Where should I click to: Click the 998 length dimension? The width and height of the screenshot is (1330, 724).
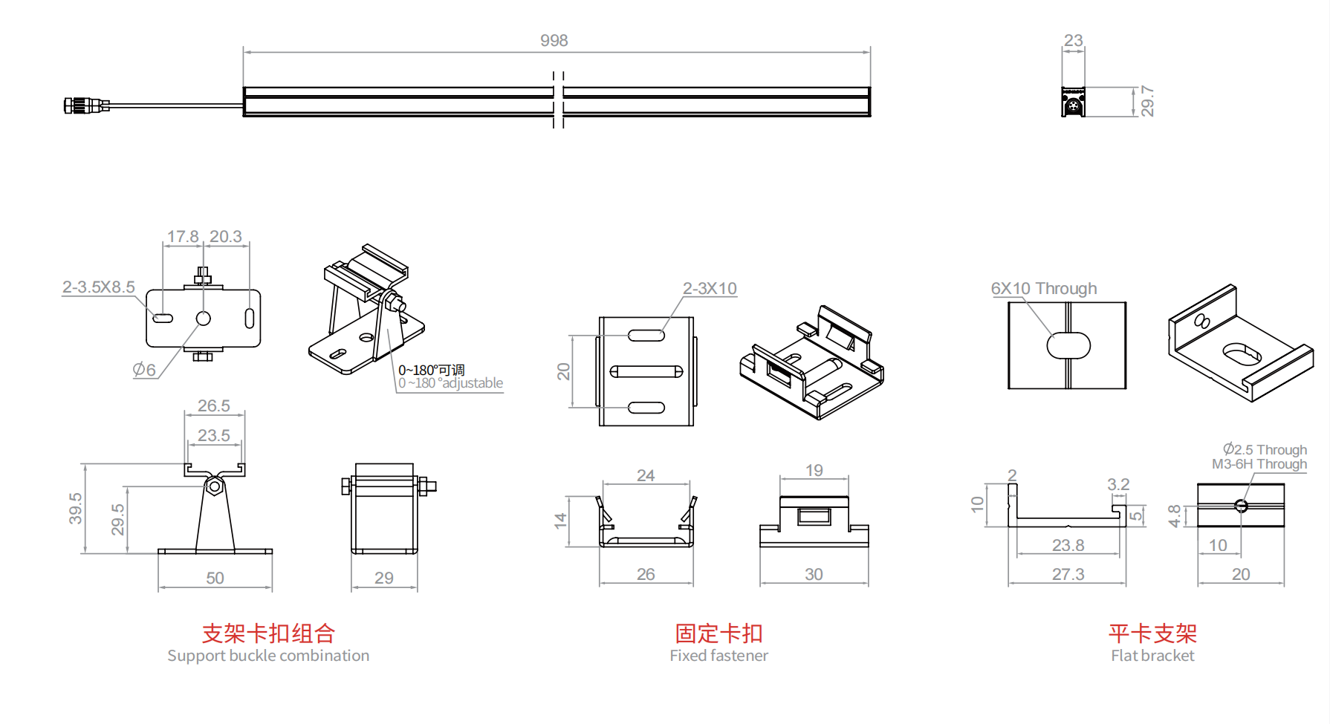coord(554,41)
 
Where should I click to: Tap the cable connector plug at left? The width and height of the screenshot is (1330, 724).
coord(77,105)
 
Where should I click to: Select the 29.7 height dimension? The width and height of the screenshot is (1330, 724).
coord(1147,101)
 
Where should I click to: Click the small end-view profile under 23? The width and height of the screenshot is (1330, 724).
coord(1073,102)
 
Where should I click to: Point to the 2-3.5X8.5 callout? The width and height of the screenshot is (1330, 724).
coord(98,287)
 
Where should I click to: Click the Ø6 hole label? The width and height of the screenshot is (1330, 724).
coord(144,369)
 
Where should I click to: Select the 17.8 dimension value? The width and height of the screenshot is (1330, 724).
coord(182,237)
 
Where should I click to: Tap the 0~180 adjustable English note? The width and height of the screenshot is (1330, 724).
coord(451,383)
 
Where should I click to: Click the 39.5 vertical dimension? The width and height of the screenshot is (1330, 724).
coord(76,508)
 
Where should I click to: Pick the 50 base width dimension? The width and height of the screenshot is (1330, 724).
coord(215,578)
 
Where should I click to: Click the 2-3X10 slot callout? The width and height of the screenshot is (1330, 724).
coord(710,289)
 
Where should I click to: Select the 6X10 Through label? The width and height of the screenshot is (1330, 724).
coord(1043,289)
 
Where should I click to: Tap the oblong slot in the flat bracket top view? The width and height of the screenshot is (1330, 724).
coord(1068,345)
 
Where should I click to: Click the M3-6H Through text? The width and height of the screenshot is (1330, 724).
coord(1259,464)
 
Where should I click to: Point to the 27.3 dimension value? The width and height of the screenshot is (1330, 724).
coord(1068,574)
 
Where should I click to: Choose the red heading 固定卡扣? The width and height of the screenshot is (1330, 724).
coord(718,633)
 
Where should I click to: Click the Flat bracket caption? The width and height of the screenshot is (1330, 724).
coord(1152,656)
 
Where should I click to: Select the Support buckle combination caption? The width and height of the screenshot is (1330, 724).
coord(268,656)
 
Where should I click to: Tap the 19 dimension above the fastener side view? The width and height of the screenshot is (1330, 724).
coord(814,471)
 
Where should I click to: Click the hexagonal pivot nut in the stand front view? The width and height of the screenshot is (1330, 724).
coord(214,487)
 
